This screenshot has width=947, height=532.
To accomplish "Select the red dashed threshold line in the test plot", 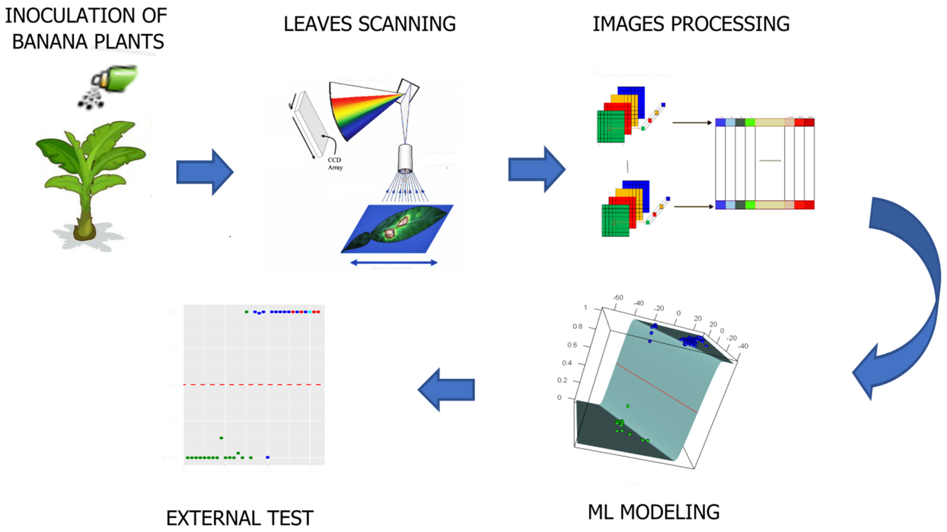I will (254, 385).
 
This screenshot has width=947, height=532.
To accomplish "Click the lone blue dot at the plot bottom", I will (268, 457).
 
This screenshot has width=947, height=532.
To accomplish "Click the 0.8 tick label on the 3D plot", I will (577, 326).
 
